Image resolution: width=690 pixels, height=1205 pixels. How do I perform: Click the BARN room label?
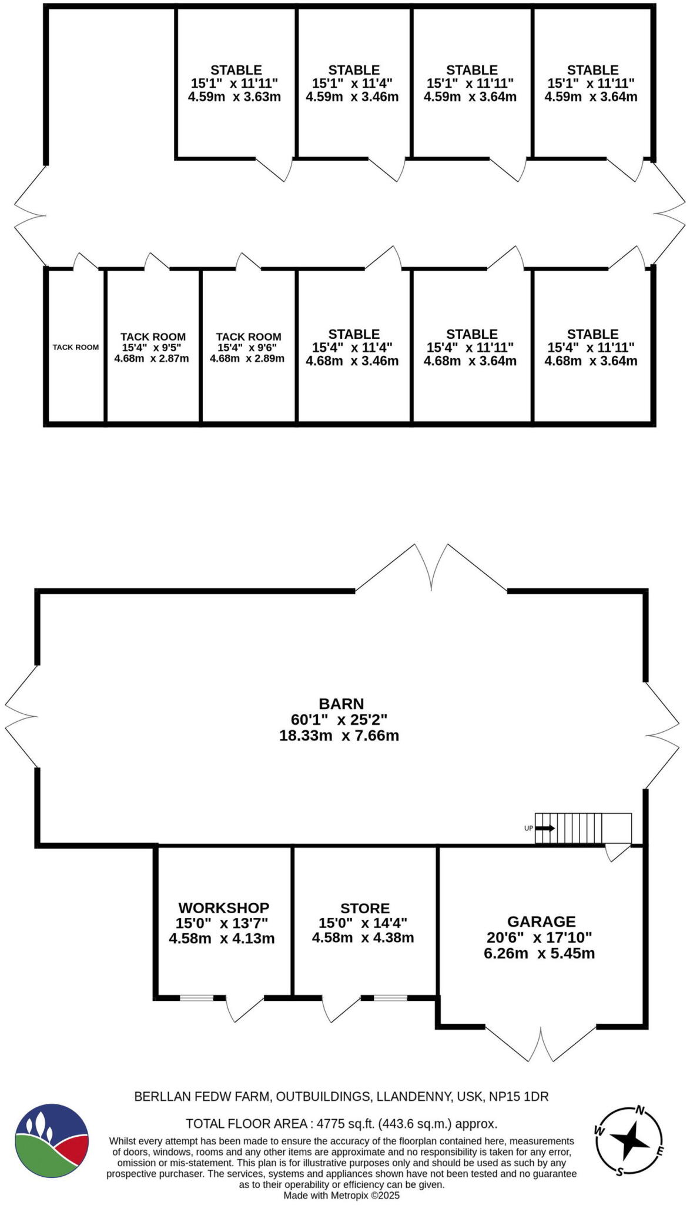pyautogui.click(x=341, y=704)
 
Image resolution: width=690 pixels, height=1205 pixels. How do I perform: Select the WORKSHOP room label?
pyautogui.click(x=224, y=908)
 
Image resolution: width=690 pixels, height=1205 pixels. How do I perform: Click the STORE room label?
pyautogui.click(x=364, y=908)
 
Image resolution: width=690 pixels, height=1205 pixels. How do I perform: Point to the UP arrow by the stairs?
pyautogui.click(x=545, y=828)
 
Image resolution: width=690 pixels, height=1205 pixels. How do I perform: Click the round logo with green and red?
pyautogui.click(x=52, y=1140)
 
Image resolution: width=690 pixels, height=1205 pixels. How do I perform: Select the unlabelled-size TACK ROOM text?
pyautogui.click(x=76, y=347)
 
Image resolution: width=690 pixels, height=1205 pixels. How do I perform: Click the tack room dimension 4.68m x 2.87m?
pyautogui.click(x=152, y=358)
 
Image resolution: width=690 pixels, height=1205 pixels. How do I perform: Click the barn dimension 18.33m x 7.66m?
pyautogui.click(x=339, y=735)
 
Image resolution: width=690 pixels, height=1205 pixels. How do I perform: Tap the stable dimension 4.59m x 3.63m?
pyautogui.click(x=234, y=97)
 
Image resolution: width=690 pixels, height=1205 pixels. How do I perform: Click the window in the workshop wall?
pyautogui.click(x=196, y=998)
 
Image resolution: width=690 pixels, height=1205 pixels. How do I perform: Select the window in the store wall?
pyautogui.click(x=390, y=998)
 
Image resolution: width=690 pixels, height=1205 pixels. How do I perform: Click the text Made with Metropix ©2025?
pyautogui.click(x=341, y=1196)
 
